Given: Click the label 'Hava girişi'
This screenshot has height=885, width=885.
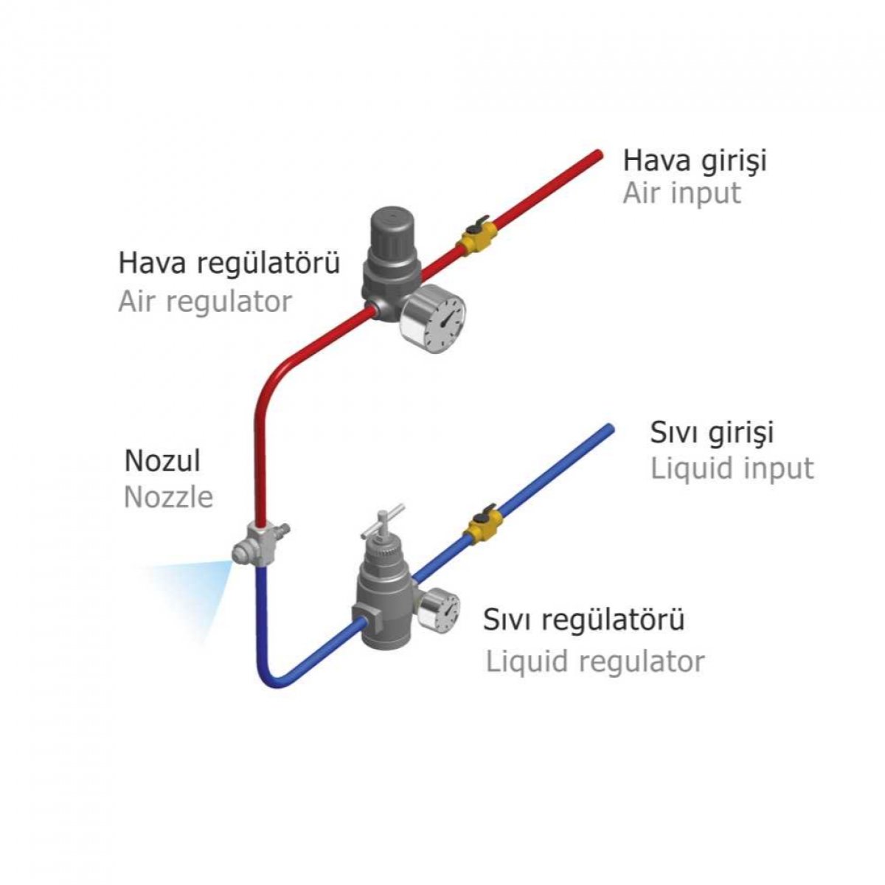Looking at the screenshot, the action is (695, 162).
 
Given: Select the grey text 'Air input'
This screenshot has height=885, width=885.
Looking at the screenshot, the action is (681, 193).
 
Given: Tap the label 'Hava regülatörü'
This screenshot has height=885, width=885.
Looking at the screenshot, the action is (229, 263).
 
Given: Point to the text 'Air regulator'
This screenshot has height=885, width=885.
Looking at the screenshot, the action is (205, 302).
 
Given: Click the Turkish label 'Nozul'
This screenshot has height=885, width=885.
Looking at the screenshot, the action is (162, 460).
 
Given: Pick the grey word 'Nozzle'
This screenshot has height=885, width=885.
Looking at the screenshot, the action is (169, 496).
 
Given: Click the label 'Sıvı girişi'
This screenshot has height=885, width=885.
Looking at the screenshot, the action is (712, 433).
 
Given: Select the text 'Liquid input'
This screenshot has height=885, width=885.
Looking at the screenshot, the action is (732, 468).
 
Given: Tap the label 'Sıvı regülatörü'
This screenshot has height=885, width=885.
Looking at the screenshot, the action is (583, 619).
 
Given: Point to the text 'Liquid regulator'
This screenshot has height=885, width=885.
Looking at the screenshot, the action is (594, 662).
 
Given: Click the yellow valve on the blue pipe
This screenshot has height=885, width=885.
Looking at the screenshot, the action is (482, 524).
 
